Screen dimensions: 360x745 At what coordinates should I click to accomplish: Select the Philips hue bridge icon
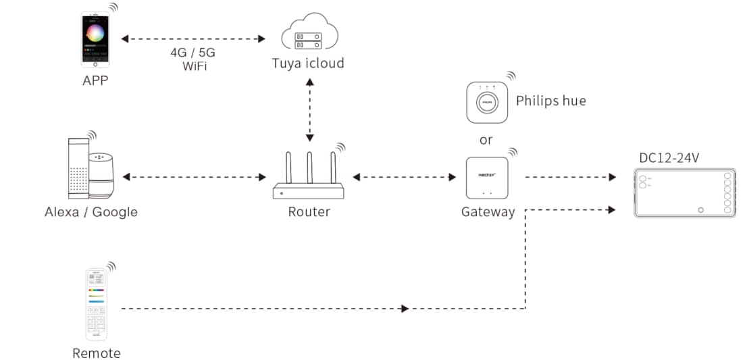[486, 103]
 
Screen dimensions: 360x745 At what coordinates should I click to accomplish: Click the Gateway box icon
[486, 178]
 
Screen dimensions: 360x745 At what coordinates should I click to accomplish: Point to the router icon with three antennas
[309, 178]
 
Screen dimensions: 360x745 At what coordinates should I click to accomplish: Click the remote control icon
[96, 305]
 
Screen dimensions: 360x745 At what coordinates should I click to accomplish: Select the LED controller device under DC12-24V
[684, 193]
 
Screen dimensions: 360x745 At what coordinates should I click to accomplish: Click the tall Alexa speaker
[78, 169]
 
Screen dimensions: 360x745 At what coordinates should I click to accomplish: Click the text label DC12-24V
[669, 158]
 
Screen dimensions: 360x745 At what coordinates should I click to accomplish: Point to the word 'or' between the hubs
[486, 140]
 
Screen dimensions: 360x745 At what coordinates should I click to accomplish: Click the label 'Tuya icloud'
[308, 63]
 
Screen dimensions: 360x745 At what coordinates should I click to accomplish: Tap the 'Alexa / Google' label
[91, 212]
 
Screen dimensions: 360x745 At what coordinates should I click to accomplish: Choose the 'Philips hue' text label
[550, 101]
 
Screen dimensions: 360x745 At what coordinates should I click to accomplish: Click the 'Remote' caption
[97, 353]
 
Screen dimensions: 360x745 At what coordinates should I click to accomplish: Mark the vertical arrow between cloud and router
[309, 109]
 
